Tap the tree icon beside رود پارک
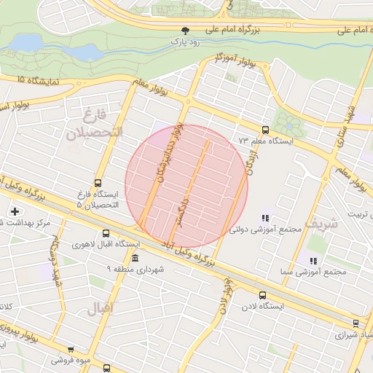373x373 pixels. (186, 31)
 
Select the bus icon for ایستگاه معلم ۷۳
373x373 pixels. (264, 128)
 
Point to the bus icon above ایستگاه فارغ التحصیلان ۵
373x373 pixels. (98, 184)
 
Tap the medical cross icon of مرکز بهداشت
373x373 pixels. (15, 211)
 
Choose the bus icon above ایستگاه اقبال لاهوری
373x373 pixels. (106, 234)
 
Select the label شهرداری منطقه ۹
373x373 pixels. (136, 270)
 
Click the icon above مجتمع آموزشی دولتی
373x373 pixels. (265, 217)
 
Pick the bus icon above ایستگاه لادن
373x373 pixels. (263, 296)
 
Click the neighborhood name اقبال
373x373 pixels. (101, 308)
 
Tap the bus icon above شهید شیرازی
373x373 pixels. (356, 323)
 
